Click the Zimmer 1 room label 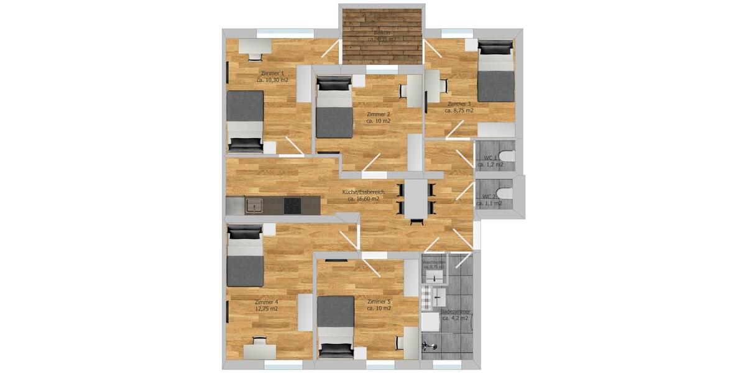pos(272,73)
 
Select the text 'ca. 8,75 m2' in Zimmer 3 pos(459,111)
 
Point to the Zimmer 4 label pos(267,302)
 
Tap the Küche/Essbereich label pos(364,192)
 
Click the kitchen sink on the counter pos(254,205)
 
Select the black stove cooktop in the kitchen pos(293,205)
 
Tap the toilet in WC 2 pos(505,194)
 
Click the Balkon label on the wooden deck pos(381,32)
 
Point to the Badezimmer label pos(455,311)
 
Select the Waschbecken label pos(435,262)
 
